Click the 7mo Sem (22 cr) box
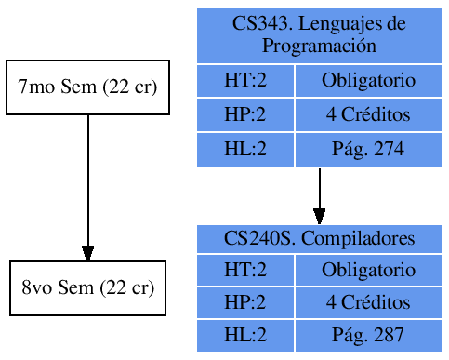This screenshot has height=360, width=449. [x=87, y=87]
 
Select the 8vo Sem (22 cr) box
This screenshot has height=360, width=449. [x=87, y=287]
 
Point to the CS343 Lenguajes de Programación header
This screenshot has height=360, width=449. [x=319, y=34]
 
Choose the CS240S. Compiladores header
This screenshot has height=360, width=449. [x=319, y=238]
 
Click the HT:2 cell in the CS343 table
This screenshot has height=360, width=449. [x=245, y=81]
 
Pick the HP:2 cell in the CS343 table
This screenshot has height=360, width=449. [x=245, y=115]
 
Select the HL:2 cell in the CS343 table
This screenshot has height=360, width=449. [x=245, y=149]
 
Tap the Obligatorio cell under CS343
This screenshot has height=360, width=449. [x=368, y=81]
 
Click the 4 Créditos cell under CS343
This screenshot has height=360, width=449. [x=368, y=115]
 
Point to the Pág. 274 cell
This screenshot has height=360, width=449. [x=368, y=149]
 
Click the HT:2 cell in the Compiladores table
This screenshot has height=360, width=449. [x=245, y=270]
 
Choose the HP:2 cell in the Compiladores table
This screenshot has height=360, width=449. [x=245, y=302]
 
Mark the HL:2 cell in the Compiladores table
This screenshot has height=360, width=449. [x=245, y=335]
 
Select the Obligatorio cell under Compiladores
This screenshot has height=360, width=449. [x=368, y=270]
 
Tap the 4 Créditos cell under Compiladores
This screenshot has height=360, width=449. [x=368, y=302]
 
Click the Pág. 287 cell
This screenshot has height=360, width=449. [x=368, y=335]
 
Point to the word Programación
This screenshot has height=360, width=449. [x=319, y=45]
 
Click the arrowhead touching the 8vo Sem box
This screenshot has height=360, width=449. [x=87, y=254]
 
